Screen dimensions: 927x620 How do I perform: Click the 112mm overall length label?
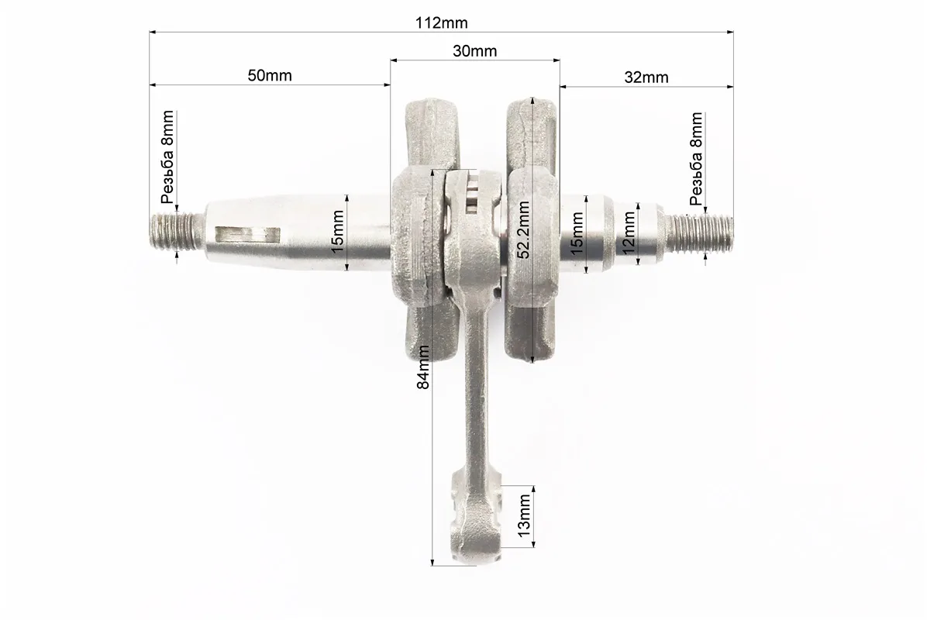(x=441, y=23)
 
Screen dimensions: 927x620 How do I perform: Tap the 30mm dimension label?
(x=474, y=51)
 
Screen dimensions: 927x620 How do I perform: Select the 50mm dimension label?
(x=270, y=76)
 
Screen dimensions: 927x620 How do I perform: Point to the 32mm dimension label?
(x=646, y=77)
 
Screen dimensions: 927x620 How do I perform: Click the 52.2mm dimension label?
(x=523, y=230)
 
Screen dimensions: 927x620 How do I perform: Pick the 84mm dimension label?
(x=423, y=367)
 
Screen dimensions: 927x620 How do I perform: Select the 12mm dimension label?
(x=629, y=232)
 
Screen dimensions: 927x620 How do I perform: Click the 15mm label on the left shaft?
(x=338, y=232)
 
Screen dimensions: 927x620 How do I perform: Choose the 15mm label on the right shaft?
(x=577, y=232)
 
